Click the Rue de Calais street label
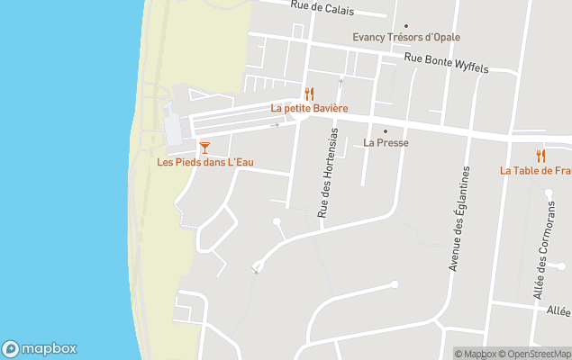pos(322,9)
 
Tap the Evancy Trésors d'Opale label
pos(405,38)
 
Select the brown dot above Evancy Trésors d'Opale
pos(405,26)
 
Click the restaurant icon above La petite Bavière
pos(309,94)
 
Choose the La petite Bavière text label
pos(309,108)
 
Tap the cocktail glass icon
pos(205,147)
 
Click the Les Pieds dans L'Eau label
pos(205,162)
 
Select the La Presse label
pos(386,142)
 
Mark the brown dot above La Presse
pos(386,130)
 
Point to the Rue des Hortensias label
pos(328,172)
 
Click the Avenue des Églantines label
pos(460,219)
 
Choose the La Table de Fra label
pos(537,170)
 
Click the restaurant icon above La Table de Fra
pos(540,156)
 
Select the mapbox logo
pos(40,348)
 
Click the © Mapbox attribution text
pos(475,354)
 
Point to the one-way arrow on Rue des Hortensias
pos(340,81)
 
